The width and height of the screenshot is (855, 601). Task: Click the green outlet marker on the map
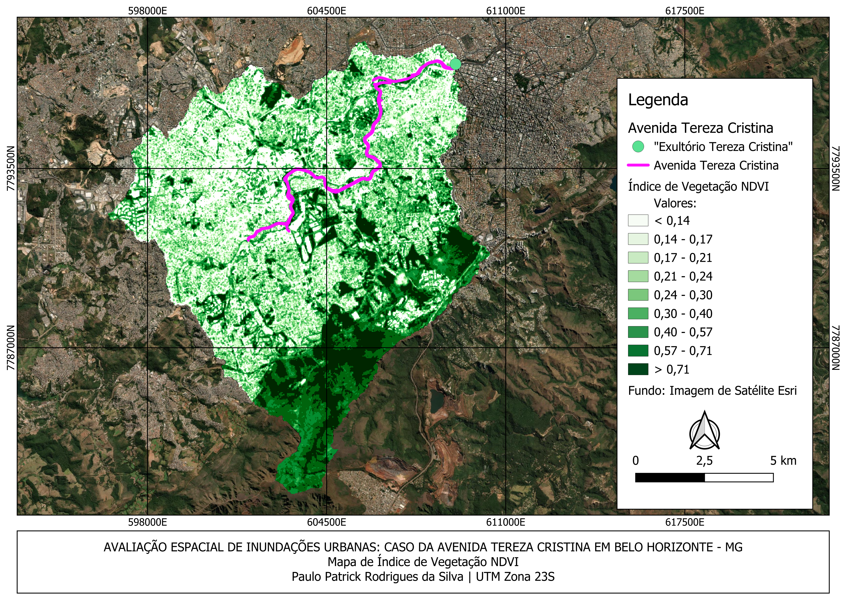click(455, 64)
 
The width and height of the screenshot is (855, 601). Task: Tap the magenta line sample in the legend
click(638, 165)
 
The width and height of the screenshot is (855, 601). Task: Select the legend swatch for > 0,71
click(638, 369)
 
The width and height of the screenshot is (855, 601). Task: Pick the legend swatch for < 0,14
click(638, 221)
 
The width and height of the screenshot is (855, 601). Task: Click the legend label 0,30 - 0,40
click(683, 314)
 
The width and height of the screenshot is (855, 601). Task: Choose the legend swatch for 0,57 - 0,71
click(638, 351)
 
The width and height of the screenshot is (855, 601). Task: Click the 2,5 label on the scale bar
click(704, 461)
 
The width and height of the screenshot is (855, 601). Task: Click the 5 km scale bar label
click(783, 461)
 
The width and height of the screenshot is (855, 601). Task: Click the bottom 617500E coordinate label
click(685, 522)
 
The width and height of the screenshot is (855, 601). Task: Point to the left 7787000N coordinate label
click(11, 348)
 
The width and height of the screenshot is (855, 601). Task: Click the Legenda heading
click(658, 100)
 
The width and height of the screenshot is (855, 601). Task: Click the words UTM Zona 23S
click(515, 577)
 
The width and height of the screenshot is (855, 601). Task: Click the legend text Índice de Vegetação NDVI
click(698, 186)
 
